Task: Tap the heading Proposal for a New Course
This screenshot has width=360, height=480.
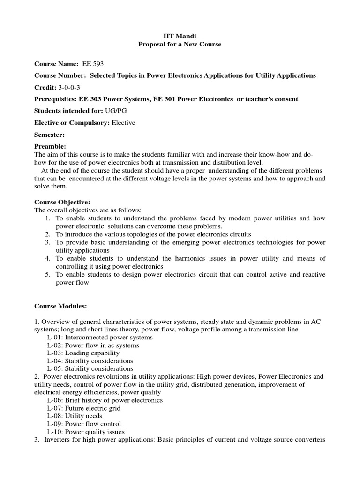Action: coord(180,44)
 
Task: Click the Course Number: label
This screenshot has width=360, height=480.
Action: coord(60,75)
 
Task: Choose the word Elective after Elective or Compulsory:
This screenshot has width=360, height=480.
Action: coord(123,122)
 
